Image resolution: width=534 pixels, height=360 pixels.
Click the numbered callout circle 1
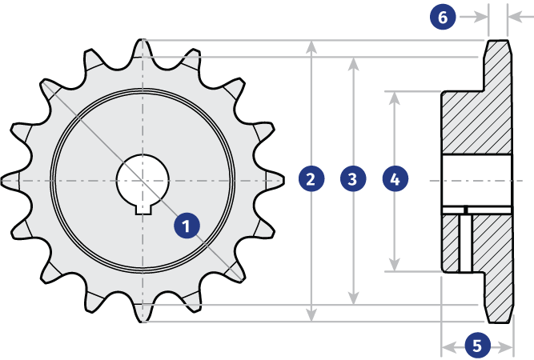pyautogui.click(x=187, y=226)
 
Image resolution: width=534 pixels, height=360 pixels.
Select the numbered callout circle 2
pyautogui.click(x=311, y=179)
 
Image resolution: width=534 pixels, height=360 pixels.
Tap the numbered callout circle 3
pyautogui.click(x=353, y=179)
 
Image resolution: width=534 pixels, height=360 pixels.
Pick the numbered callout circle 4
pyautogui.click(x=395, y=179)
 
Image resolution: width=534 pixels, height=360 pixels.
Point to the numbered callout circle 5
pyautogui.click(x=477, y=346)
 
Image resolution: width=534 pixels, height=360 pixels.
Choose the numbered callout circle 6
pyautogui.click(x=443, y=17)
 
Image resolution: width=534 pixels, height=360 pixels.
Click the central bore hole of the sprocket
pyautogui.click(x=143, y=180)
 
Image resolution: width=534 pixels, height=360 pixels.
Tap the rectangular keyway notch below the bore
pyautogui.click(x=143, y=210)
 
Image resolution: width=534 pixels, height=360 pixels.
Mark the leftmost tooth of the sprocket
pyautogui.click(x=12, y=180)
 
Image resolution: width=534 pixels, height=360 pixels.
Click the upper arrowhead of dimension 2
pyautogui.click(x=311, y=48)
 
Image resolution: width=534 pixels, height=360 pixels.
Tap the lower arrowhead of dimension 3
pyautogui.click(x=354, y=298)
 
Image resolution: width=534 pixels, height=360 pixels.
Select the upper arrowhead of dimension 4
pyautogui.click(x=395, y=98)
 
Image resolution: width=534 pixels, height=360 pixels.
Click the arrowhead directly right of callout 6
pyautogui.click(x=481, y=17)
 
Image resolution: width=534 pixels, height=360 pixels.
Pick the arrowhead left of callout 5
pyautogui.click(x=448, y=347)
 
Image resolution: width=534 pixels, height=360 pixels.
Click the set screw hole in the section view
pyautogui.click(x=465, y=243)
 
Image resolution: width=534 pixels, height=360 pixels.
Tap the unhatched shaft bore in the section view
pyautogui.click(x=477, y=180)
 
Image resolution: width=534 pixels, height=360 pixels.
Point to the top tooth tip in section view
pyautogui.click(x=498, y=43)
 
